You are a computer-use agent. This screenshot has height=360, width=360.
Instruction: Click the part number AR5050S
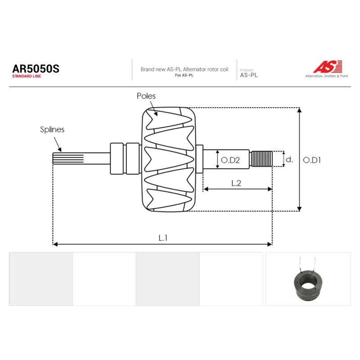point(36,69)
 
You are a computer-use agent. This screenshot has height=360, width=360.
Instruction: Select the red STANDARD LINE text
point(27,76)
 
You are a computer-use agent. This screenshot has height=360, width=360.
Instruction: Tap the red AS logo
point(328,67)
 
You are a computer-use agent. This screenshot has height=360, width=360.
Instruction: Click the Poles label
point(146,96)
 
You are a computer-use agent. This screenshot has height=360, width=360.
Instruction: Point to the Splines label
point(52,130)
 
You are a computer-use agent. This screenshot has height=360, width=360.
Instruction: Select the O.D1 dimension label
point(312,160)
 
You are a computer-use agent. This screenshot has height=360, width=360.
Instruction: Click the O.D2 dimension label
point(230,160)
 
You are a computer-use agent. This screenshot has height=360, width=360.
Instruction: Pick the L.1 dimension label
point(163,238)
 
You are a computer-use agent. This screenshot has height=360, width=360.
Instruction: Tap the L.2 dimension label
point(236,183)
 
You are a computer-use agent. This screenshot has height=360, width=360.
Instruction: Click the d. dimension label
point(289,159)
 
